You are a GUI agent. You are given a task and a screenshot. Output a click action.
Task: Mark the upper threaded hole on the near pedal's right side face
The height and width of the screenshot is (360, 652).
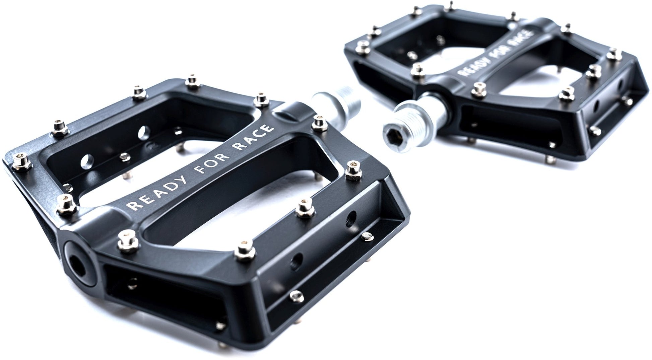point(351,218)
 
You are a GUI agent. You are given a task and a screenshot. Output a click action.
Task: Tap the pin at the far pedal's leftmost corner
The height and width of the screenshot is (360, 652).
point(362,46)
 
